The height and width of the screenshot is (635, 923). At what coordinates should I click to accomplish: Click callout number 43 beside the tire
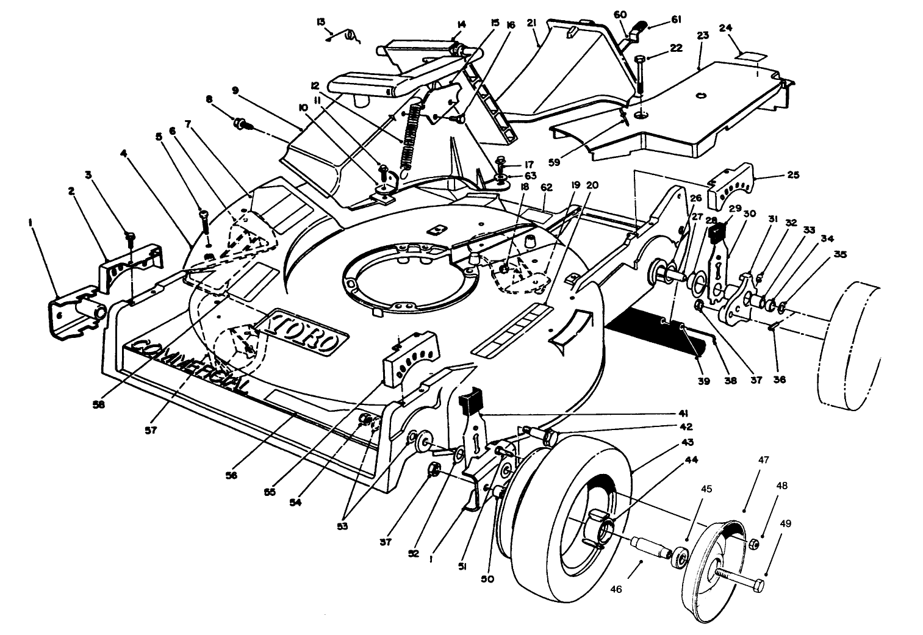(688, 443)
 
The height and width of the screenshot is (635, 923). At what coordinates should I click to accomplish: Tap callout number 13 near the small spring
(321, 21)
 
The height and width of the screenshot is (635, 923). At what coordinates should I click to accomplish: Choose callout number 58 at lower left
(98, 404)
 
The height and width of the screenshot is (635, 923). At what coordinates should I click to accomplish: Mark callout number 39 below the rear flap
(704, 381)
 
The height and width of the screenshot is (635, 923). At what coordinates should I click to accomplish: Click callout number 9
(235, 90)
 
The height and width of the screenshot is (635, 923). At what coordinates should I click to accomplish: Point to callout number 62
(547, 187)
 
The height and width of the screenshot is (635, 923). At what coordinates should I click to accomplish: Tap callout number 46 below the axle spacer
(616, 590)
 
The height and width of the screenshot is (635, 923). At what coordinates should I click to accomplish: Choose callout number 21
(531, 24)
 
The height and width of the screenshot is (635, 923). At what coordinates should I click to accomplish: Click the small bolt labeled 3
(130, 238)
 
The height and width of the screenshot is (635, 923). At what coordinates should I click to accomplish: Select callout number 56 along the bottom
(232, 476)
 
